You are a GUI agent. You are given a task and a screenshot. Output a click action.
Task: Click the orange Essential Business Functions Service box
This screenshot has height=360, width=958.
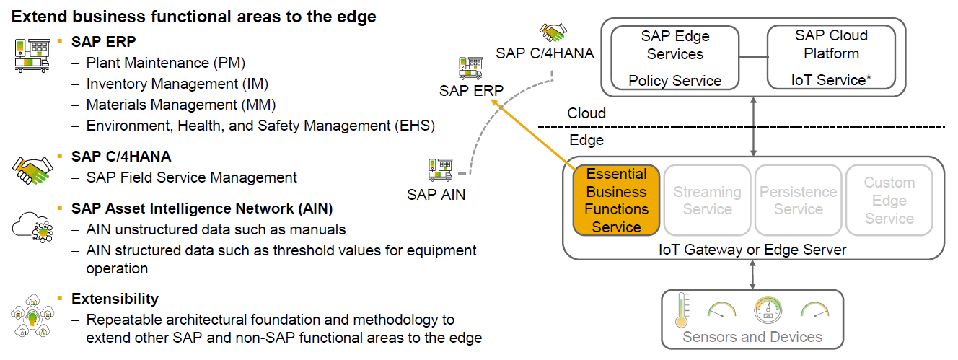(616, 201)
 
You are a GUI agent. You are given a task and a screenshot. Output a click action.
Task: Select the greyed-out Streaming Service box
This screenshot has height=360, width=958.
(707, 201)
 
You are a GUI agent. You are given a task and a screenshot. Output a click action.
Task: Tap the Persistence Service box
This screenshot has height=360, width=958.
(798, 201)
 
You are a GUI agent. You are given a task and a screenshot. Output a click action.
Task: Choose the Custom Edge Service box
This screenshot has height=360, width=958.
(889, 201)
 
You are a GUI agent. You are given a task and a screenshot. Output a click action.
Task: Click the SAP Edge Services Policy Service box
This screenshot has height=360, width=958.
(675, 58)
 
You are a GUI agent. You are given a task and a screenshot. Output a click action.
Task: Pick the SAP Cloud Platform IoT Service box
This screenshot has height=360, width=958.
(831, 58)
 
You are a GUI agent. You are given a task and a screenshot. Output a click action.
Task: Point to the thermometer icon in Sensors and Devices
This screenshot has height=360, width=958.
(680, 310)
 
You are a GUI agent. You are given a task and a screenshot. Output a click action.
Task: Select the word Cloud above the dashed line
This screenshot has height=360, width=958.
(586, 114)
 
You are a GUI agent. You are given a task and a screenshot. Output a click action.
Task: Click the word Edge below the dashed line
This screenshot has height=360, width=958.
(586, 140)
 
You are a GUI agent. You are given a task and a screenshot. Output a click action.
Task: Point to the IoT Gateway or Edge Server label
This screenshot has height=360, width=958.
(752, 250)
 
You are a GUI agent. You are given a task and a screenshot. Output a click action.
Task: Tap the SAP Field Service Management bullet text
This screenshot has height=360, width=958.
(191, 177)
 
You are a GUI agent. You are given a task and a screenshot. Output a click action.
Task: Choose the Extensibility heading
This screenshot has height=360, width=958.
(115, 299)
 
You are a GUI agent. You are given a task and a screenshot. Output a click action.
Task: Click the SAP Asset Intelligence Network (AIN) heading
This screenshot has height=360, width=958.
(202, 209)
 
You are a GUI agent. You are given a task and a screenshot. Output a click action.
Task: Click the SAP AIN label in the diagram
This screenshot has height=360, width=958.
(436, 194)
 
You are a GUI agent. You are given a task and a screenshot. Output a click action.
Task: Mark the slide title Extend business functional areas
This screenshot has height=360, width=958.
(194, 17)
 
